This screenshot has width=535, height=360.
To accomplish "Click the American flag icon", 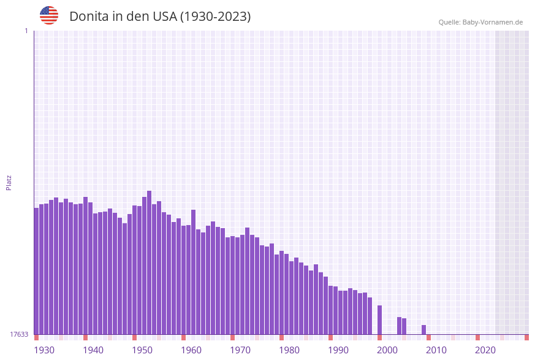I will [49, 15].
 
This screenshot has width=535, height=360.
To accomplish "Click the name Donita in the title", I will [88, 17].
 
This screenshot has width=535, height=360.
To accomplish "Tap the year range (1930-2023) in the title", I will [215, 17].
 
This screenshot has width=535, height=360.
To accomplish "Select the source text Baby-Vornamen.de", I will [493, 22].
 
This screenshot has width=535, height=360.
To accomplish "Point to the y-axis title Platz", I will [9, 182].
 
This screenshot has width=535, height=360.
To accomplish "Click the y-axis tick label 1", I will [26, 31].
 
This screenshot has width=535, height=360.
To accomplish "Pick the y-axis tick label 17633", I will [18, 334].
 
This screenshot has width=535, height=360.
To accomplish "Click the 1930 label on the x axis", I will [44, 350].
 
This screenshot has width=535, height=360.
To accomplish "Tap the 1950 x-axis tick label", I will [142, 350].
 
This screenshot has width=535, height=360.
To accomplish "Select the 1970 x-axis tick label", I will [240, 350].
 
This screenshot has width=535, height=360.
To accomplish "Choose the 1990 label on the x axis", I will [338, 350].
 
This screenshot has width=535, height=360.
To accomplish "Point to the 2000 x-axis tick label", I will [387, 350].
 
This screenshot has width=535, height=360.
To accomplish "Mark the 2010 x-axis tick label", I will [436, 350].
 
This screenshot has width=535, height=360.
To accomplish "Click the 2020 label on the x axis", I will [485, 350].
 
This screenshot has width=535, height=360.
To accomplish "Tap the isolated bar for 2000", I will [379, 320].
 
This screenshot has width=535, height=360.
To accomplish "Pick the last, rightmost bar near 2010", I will [423, 329].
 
